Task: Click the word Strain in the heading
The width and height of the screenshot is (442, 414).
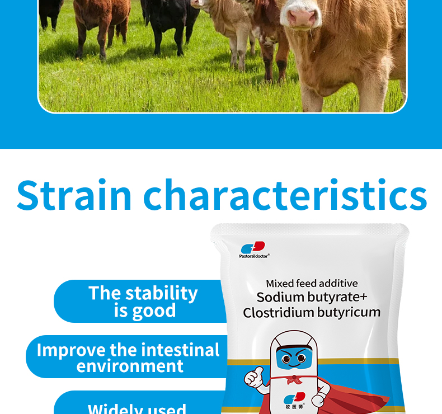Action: [74, 195]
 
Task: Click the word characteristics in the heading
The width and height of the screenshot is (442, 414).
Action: [285, 195]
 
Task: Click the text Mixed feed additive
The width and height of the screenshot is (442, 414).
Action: [312, 283]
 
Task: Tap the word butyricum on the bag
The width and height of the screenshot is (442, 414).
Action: [349, 313]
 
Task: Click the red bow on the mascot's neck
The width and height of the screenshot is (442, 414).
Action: [294, 380]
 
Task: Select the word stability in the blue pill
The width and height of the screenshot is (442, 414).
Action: [162, 294]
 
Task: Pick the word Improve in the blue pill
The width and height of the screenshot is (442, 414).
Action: [72, 351]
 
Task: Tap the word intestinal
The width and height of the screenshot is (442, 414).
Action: [180, 350]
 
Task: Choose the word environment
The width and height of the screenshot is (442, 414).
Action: [130, 366]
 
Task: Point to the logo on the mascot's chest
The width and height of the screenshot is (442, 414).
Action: [294, 400]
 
